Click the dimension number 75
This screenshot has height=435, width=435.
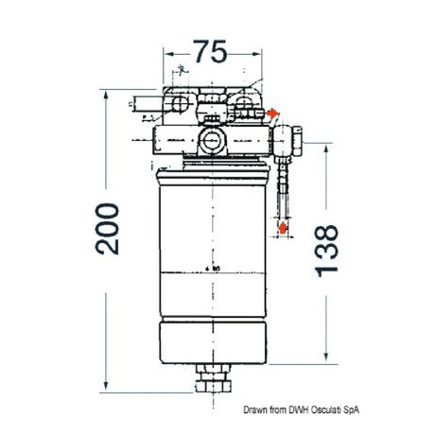click(x=213, y=54)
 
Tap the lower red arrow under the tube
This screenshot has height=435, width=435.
click(x=283, y=228)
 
